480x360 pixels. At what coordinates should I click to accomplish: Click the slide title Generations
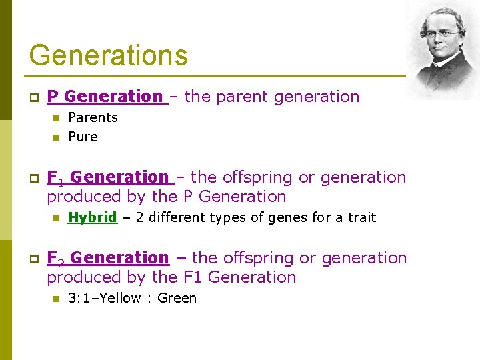point(108,55)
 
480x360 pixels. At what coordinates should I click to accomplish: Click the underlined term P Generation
point(105,97)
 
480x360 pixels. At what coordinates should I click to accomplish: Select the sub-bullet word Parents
point(93,118)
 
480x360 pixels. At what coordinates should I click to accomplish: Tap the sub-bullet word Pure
point(83,137)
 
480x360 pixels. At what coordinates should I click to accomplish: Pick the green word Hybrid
point(93,217)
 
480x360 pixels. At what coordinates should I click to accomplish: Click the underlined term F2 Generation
point(107,258)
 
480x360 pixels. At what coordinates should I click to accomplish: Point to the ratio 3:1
point(79,298)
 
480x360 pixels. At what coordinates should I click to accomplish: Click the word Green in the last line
point(177,298)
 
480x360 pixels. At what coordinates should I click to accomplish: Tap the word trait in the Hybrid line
point(361,217)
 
